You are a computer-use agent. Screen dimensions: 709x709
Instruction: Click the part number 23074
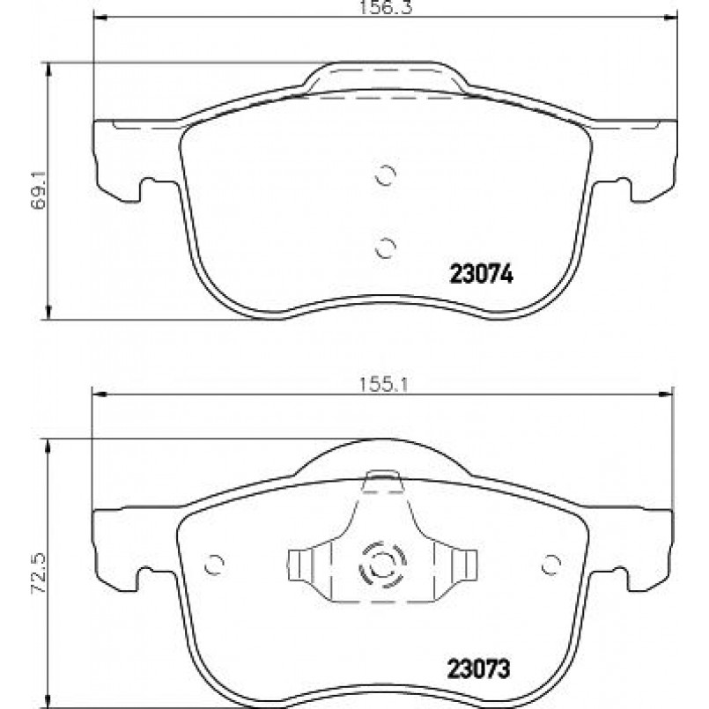[481, 274]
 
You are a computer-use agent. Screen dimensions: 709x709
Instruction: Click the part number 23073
[478, 668]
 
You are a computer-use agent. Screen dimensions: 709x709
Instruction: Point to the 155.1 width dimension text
[384, 385]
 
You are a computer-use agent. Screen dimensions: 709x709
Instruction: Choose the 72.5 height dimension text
[38, 572]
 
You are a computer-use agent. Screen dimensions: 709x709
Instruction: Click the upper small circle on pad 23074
[386, 175]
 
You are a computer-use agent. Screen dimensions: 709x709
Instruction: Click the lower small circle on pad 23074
[386, 247]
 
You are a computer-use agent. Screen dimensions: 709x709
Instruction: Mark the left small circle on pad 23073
[214, 565]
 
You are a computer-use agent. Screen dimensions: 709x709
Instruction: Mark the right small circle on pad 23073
[551, 565]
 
